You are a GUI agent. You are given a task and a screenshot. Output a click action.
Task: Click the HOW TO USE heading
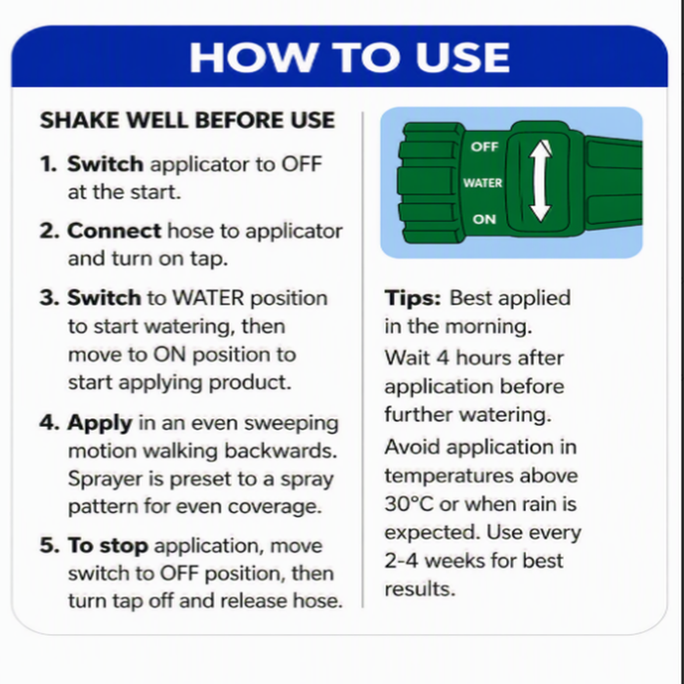point(350,57)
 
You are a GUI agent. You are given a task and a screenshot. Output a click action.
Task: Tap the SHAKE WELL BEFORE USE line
point(188,120)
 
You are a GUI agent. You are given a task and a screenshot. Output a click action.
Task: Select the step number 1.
point(49,164)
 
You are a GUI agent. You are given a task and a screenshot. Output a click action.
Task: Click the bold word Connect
point(114,231)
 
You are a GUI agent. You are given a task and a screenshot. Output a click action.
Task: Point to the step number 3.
point(49,298)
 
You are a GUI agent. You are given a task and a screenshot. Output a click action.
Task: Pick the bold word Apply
point(100,423)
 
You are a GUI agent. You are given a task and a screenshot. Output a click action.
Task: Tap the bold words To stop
point(107,545)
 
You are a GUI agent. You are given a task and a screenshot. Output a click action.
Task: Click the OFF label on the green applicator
point(485,147)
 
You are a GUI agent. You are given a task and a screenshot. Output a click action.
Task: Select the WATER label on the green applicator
point(483,183)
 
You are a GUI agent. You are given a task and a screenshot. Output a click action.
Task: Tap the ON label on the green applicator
point(485,219)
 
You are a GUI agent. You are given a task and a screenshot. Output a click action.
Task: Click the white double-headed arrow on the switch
point(540,181)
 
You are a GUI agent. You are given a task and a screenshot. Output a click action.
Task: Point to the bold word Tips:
point(412,298)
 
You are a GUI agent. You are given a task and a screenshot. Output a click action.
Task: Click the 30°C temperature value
point(409,504)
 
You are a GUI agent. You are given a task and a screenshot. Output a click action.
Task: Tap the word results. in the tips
point(419,589)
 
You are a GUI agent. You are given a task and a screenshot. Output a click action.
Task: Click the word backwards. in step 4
point(281,450)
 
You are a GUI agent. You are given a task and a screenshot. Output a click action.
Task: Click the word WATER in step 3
point(208,298)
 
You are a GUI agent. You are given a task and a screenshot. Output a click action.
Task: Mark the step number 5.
point(49,545)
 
